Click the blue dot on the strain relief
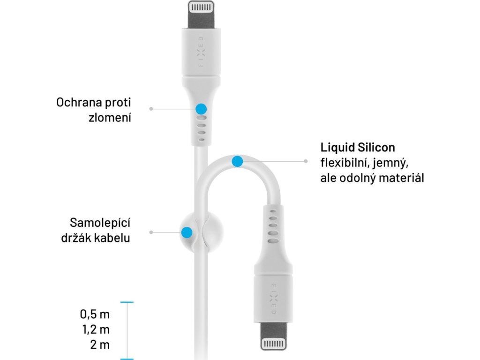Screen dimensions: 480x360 (201, 109)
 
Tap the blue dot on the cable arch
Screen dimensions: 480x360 (237, 162)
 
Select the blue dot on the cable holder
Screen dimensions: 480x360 (187, 232)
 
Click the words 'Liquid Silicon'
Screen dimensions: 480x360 (358, 147)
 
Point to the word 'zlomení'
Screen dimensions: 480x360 (110, 117)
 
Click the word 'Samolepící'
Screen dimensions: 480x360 (100, 222)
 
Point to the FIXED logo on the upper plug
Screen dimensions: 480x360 (201, 52)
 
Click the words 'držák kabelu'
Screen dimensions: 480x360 (96, 238)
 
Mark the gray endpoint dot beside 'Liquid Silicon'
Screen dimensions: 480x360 (306, 162)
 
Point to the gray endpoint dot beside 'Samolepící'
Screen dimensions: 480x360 (150, 232)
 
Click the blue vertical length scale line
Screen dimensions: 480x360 (127, 330)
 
